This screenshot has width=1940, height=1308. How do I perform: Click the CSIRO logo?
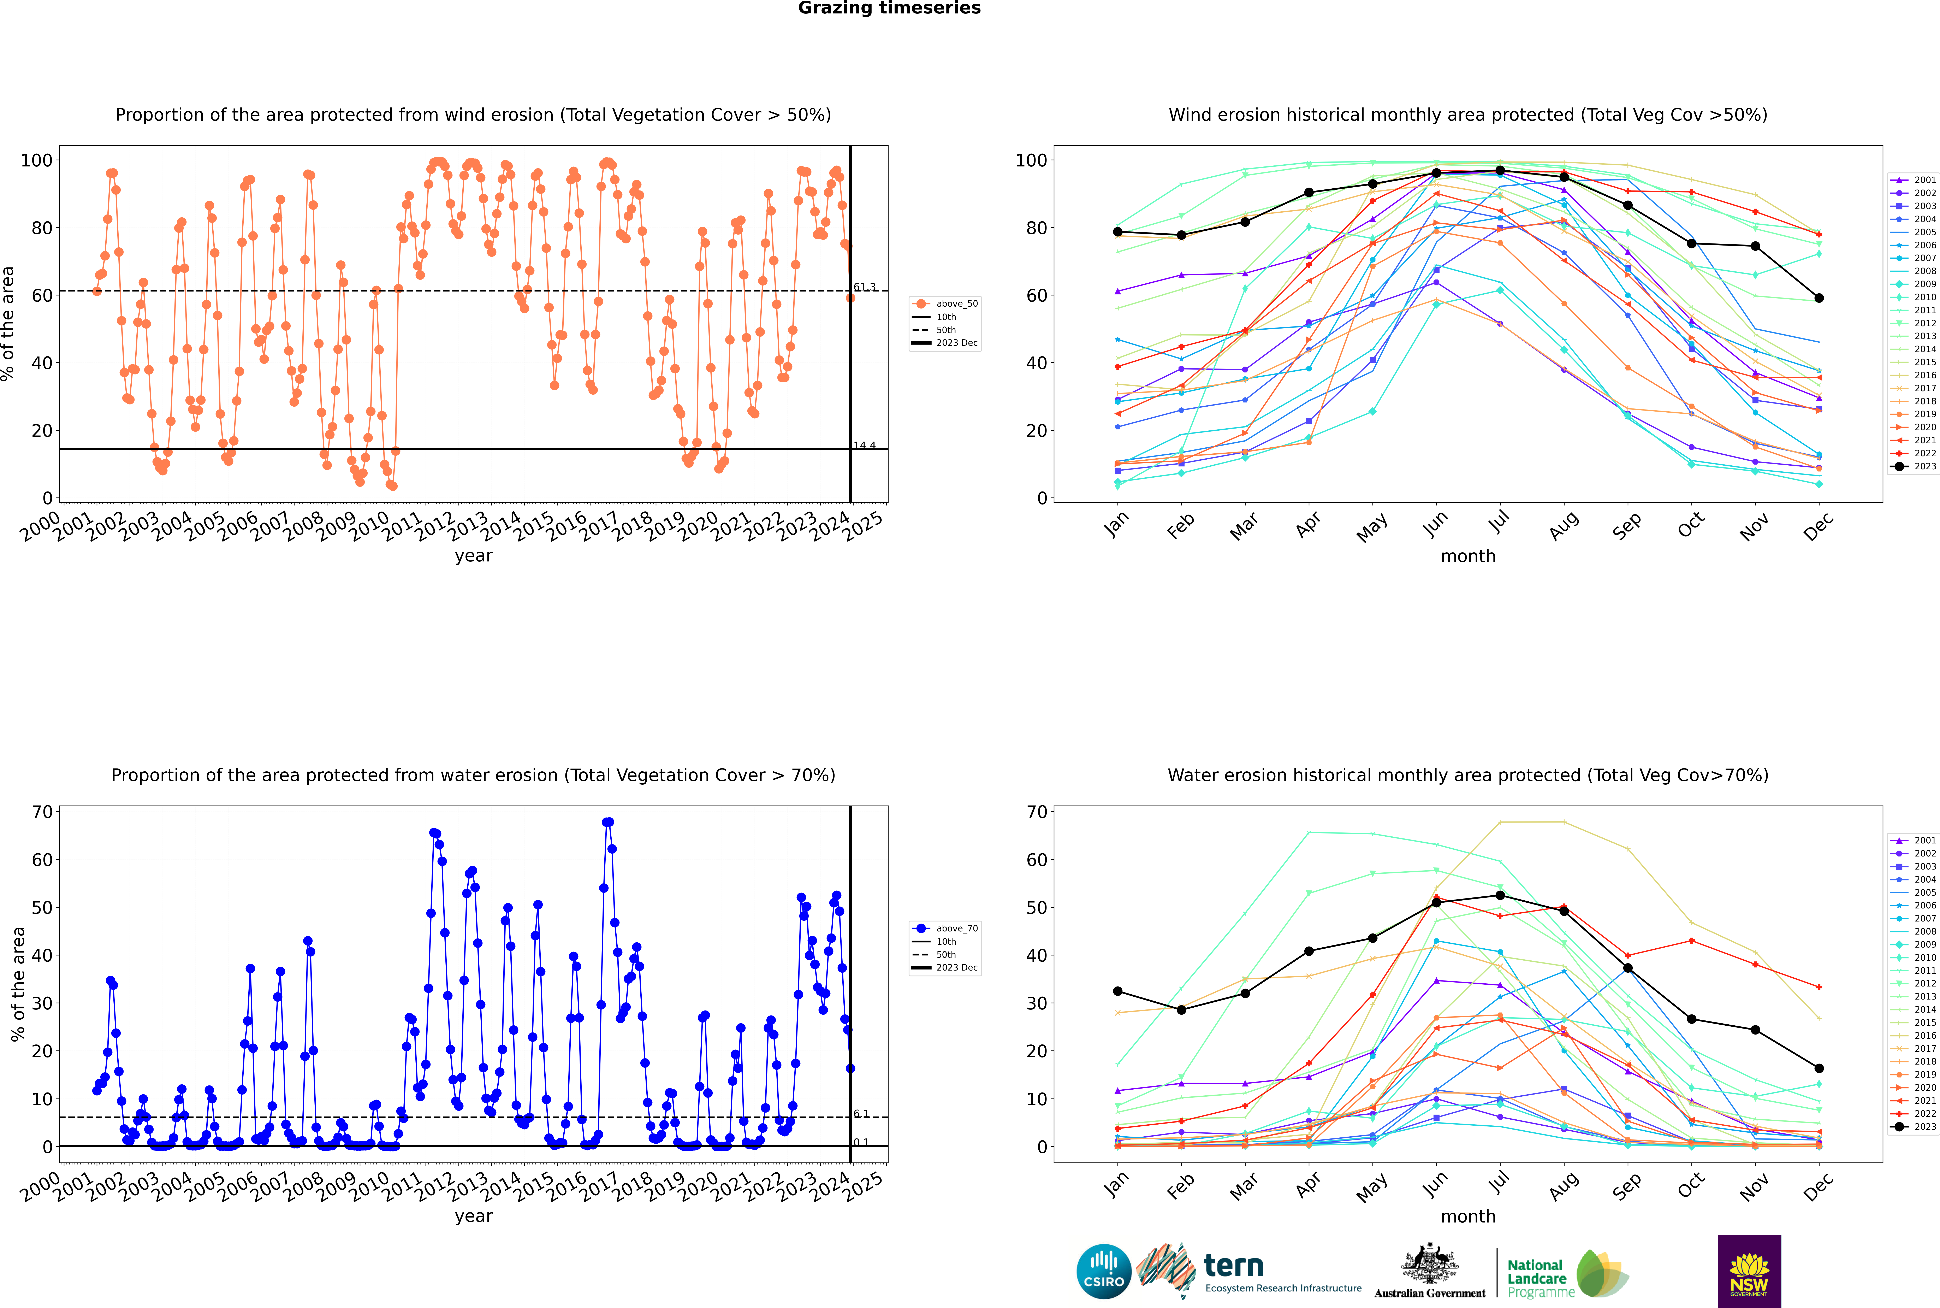(x=1103, y=1271)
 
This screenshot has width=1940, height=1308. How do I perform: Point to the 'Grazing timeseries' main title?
(x=889, y=8)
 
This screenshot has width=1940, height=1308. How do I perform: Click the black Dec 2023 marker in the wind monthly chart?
(x=1819, y=298)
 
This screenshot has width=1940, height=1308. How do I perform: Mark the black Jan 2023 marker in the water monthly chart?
(x=1118, y=991)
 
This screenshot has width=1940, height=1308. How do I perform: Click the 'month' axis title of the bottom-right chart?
(x=1468, y=1216)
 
